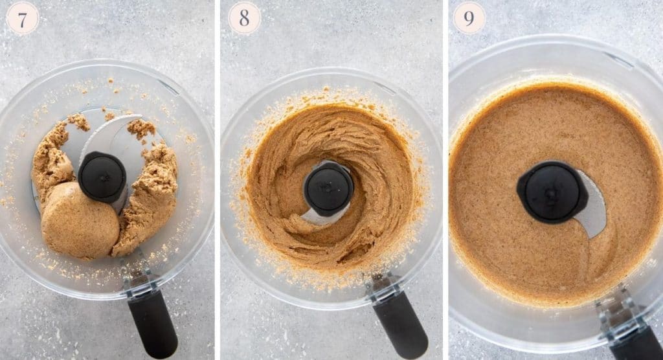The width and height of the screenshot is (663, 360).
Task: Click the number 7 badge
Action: click(x=23, y=18)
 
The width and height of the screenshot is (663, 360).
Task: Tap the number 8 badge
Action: click(x=244, y=18)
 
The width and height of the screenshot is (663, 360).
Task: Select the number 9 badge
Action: click(x=469, y=18)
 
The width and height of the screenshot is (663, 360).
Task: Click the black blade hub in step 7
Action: click(x=102, y=177)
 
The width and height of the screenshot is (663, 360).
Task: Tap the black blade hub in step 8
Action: click(x=328, y=188)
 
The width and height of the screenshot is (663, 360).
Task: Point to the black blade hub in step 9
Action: click(x=551, y=192)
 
